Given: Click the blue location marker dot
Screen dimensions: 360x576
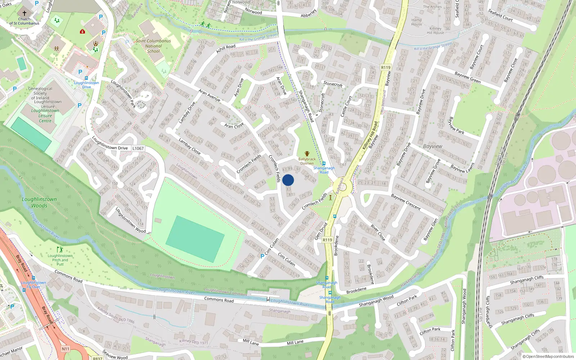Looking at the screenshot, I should coord(288,180).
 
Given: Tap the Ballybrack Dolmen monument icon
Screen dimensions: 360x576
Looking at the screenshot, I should coord(307,154).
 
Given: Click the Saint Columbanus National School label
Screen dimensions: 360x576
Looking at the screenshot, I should coord(153,46).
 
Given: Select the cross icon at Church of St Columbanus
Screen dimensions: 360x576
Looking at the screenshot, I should coord(24,13).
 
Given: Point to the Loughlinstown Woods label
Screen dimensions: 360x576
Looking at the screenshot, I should coord(39,202).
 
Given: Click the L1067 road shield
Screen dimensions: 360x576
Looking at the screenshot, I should coord(138,148).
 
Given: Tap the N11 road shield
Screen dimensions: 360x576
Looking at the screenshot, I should coord(65,348).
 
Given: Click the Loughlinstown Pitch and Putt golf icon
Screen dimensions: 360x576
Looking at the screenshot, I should coord(60,249).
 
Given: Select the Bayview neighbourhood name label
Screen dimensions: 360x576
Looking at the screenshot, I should coord(433,147).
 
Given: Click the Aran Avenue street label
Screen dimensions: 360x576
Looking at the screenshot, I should coord(209,96).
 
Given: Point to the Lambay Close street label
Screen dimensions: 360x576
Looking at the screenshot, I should coord(189,147).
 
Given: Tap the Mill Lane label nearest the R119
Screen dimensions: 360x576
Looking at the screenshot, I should coord(295,342).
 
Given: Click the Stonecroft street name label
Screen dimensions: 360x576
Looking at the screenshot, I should coord(333,84).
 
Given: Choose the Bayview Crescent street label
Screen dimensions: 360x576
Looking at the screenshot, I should coord(406,202).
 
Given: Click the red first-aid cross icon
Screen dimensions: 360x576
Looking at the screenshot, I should coord(82,32).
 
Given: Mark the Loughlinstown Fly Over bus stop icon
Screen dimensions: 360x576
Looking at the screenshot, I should coord(33,278).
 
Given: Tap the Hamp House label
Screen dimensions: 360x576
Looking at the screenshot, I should coord(417,22).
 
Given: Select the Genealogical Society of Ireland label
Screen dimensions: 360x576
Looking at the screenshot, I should coord(40,93).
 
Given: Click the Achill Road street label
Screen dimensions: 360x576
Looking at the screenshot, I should coord(226,49).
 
